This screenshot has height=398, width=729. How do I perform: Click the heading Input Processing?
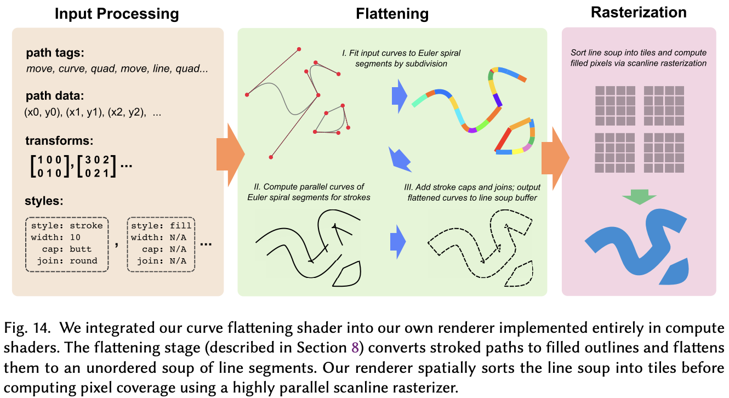[116, 14]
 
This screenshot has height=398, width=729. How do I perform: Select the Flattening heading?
[392, 14]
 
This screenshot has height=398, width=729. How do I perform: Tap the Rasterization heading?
[639, 12]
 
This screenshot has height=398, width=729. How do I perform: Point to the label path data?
[54, 96]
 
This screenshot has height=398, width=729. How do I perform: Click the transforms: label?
[60, 140]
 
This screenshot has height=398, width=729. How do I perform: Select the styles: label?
[44, 201]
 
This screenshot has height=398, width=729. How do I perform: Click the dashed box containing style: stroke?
[67, 243]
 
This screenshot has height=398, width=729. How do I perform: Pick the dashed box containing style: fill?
[161, 243]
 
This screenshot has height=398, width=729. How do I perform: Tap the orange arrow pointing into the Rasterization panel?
[554, 153]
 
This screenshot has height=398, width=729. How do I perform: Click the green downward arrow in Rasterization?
[639, 197]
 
